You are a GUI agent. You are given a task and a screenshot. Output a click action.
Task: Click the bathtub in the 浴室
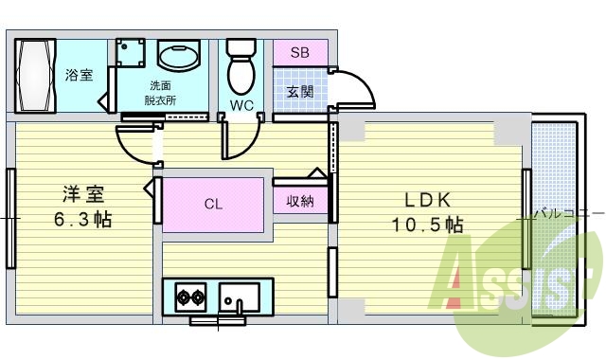[35, 76]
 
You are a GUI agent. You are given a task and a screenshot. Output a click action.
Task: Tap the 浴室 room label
[79, 75]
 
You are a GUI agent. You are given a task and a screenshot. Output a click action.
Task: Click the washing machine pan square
[131, 53]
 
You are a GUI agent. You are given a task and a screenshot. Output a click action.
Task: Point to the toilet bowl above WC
[241, 66]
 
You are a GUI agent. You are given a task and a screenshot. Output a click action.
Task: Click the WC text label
[241, 105]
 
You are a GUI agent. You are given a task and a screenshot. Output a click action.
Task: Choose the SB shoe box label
[299, 53]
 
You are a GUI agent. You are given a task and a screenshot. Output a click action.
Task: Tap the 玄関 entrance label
[300, 92]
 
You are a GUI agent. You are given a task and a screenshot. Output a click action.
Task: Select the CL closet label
[213, 204]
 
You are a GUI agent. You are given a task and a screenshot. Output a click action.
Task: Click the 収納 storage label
[300, 201]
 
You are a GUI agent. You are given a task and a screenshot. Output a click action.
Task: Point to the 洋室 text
[84, 194]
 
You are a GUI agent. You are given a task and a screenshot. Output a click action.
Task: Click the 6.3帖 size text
[82, 220]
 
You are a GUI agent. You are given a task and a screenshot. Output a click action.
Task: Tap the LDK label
[427, 200]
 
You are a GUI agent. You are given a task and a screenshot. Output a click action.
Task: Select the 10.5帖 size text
[427, 225]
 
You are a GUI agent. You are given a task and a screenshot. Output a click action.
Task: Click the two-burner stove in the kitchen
[190, 297]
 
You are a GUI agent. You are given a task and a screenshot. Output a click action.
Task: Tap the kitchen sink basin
[240, 297]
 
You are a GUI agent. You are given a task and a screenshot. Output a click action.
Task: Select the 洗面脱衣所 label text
[160, 93]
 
